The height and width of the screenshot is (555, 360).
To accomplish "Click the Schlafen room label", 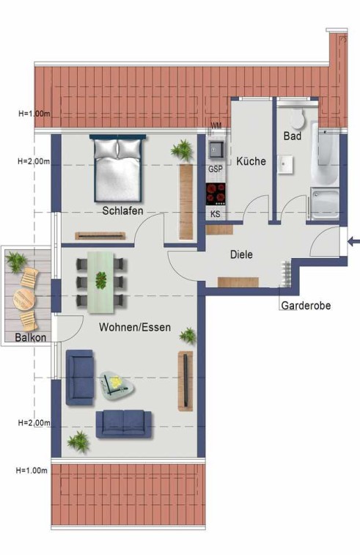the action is click(122, 210).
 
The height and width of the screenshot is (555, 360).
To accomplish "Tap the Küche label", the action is click(251, 161).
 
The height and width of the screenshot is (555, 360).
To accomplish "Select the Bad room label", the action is click(293, 136).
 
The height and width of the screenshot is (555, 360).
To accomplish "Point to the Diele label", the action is click(241, 254).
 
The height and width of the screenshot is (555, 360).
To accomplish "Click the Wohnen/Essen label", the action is click(135, 327).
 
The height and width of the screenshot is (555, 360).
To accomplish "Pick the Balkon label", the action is click(31, 337).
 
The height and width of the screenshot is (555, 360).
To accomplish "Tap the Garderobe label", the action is click(306, 306).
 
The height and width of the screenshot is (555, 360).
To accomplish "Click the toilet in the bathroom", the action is click(298, 118).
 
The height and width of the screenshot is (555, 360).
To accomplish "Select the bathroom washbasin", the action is click(285, 164).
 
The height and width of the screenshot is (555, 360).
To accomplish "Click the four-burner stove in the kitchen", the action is click(216, 194).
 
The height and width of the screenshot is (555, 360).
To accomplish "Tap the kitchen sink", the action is click(216, 150).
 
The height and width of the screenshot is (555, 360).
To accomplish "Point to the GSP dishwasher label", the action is click(216, 169).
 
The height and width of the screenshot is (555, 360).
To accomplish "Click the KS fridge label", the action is click(216, 214).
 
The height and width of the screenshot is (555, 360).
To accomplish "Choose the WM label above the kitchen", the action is click(216, 125).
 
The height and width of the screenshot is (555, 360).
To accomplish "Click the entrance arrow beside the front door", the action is click(353, 242).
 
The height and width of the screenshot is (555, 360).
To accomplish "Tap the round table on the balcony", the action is click(24, 299).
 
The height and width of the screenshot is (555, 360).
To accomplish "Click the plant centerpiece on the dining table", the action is click(101, 280).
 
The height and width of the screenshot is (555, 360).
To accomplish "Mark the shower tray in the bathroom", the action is click(325, 204).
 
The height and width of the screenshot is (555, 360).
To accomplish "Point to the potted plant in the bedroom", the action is click(183, 150).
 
